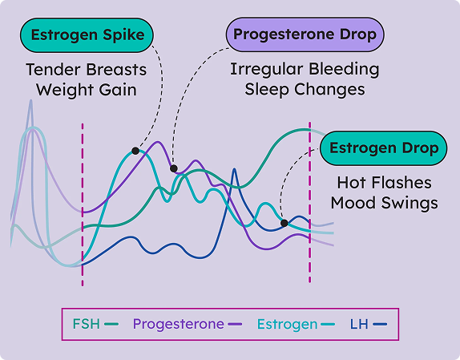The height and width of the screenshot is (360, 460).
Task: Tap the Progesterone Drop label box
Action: [x=305, y=35]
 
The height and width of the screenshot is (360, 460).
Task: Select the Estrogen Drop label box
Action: [x=384, y=148]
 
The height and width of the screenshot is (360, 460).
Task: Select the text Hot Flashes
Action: [x=384, y=183]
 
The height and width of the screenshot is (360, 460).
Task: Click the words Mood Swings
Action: [x=384, y=203]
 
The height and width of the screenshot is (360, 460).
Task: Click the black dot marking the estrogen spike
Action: [x=135, y=150]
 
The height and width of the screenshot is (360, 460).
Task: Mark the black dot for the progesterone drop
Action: [x=173, y=168]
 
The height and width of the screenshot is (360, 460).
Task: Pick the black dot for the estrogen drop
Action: [x=284, y=223]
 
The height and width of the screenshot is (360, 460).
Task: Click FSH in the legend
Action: [x=87, y=324]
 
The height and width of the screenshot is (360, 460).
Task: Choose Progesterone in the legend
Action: [x=178, y=324]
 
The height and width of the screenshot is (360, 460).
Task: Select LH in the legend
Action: [x=359, y=324]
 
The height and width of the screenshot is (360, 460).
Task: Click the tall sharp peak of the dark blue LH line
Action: [x=234, y=170]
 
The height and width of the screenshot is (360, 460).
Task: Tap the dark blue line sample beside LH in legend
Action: [x=380, y=325]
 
